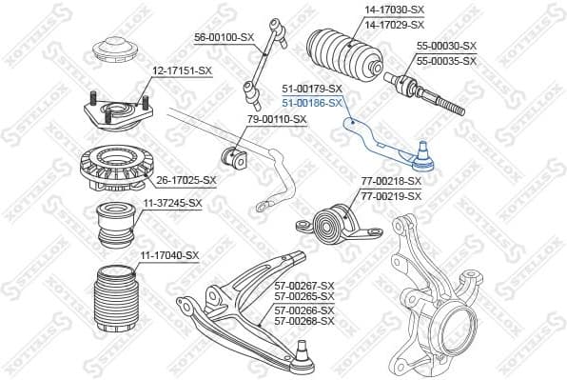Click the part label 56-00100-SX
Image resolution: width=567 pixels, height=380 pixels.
click(225, 37)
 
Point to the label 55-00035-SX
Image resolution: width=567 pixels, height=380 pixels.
click(445, 60)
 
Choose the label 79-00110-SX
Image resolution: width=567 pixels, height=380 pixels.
click(277, 119)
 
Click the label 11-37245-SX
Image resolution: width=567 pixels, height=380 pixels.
click(171, 203)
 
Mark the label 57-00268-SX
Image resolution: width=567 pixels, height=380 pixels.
click(303, 322)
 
